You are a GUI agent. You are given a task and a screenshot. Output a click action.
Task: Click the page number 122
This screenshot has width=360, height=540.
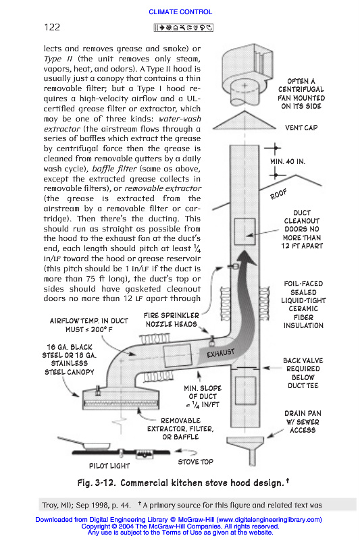[x=52, y=27]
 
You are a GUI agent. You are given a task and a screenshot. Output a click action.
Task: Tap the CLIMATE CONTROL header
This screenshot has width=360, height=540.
[x=180, y=11]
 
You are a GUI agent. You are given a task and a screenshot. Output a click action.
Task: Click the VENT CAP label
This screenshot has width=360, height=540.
[x=301, y=128]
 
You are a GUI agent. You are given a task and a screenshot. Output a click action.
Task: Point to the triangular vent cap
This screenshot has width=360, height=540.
[x=245, y=121]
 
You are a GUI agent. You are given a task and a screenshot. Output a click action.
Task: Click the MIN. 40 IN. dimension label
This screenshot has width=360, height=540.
[x=288, y=161]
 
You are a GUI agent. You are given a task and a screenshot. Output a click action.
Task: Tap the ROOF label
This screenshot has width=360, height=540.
[x=278, y=194]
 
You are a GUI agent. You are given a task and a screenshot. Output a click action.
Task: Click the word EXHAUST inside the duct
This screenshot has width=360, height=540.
[x=220, y=353]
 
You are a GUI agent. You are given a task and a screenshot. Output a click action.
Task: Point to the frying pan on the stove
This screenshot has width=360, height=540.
[x=85, y=443]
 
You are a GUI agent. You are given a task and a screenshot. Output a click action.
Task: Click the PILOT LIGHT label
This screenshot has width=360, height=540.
[x=109, y=466]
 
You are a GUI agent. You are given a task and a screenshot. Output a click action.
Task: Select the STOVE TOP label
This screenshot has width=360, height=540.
[x=195, y=462]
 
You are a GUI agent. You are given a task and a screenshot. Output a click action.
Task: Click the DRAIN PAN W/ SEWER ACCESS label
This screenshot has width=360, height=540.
[x=303, y=421]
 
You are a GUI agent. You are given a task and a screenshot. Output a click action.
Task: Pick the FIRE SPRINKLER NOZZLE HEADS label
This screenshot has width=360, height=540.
[x=171, y=319]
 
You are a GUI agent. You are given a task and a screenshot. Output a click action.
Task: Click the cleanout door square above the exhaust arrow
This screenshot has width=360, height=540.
[x=245, y=232]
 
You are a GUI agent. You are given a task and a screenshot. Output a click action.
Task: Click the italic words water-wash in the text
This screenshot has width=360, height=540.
[x=180, y=119]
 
